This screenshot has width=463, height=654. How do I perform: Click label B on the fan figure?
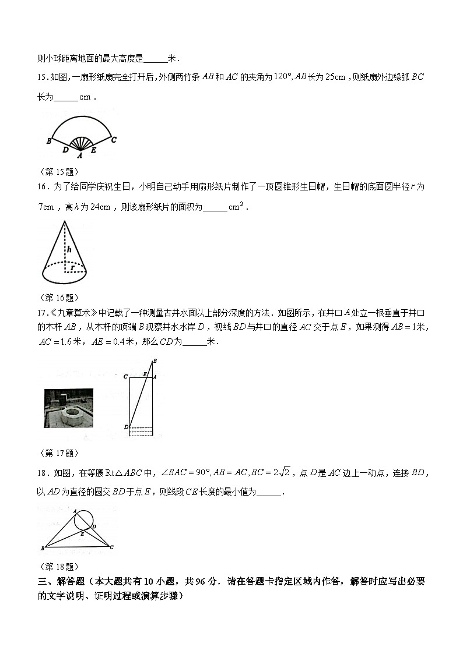pos(49,141)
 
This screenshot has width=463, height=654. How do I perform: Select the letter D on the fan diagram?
pos(65,150)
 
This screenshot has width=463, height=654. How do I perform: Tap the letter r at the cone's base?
pos(73,267)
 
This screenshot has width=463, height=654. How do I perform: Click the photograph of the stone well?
pos(69,408)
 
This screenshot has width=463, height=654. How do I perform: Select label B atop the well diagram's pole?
pos(155,362)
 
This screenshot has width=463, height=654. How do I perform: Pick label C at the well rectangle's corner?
pos(125,377)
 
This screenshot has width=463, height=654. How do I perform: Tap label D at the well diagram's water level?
pos(126,427)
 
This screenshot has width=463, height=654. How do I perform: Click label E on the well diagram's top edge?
pos(145,374)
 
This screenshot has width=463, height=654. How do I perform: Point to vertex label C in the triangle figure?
pos(111,547)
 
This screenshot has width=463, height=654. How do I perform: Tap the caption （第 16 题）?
pos(58,297)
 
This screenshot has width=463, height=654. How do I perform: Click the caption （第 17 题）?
pos(58,453)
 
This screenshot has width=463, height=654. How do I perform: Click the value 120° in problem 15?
pos(282,76)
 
